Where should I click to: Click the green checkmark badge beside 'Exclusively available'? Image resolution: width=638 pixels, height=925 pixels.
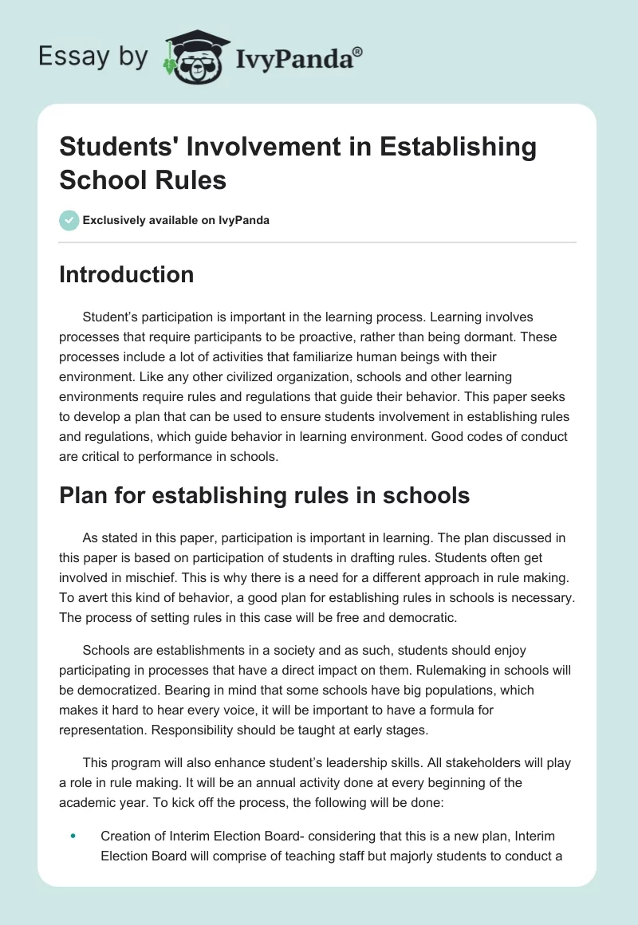pyautogui.click(x=69, y=220)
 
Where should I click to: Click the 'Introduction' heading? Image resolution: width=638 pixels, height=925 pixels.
pyautogui.click(x=127, y=274)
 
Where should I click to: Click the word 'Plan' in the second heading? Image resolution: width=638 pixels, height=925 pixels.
pyautogui.click(x=85, y=495)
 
